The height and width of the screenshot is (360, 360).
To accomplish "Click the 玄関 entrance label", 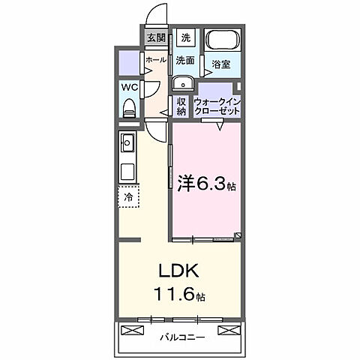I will [x=156, y=37].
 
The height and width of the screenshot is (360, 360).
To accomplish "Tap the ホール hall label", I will [x=155, y=59].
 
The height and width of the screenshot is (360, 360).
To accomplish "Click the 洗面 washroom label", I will [x=185, y=59].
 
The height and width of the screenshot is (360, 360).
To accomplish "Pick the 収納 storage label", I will [x=181, y=106].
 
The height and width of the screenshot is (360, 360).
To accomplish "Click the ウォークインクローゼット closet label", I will [x=217, y=106].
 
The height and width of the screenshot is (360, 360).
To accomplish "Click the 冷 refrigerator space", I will [x=128, y=196].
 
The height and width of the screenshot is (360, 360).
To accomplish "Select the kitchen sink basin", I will [x=127, y=141].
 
